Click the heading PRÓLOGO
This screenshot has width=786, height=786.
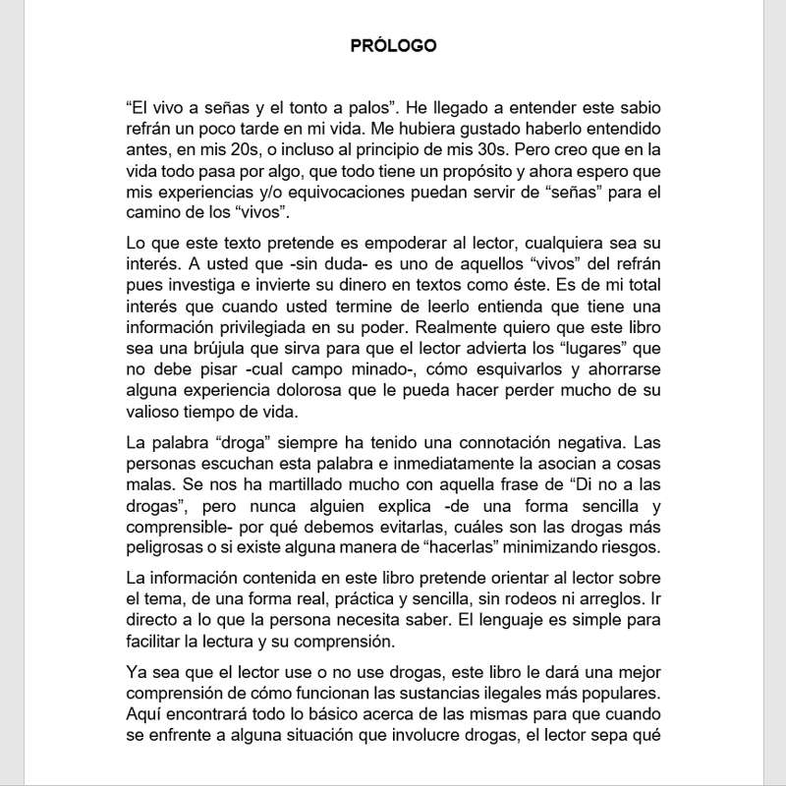[393, 46]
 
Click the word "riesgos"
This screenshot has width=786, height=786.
[633, 547]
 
